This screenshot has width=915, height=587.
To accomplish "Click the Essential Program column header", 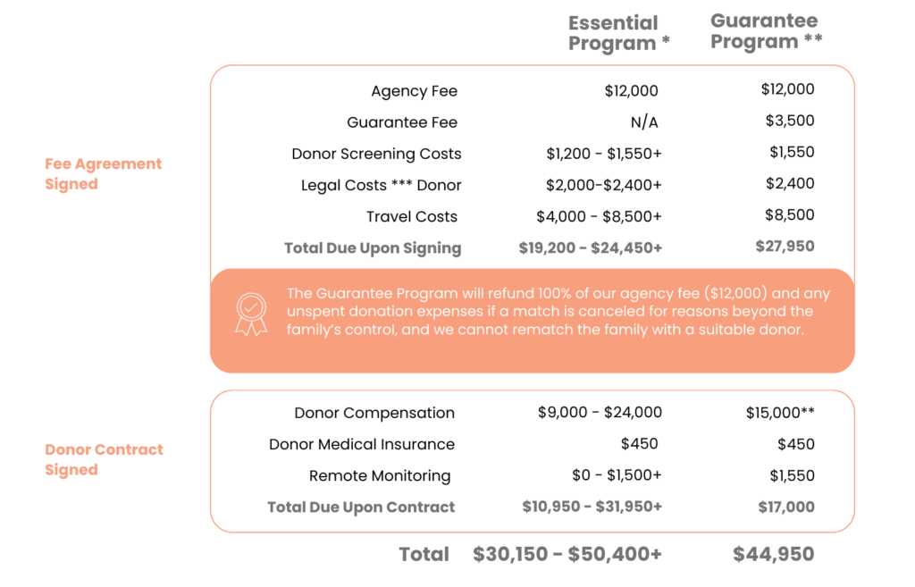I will pyautogui.click(x=618, y=33).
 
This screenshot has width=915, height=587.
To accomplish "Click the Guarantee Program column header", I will pyautogui.click(x=766, y=31).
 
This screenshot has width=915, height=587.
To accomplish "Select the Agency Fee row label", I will pyautogui.click(x=414, y=91).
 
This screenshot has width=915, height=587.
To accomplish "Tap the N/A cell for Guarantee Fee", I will pyautogui.click(x=643, y=122).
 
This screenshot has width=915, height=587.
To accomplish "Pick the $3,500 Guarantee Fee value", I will pyautogui.click(x=789, y=121).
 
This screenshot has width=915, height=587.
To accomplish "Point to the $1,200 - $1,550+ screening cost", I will pyautogui.click(x=604, y=154).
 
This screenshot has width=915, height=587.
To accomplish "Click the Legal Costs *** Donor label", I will pyautogui.click(x=381, y=185).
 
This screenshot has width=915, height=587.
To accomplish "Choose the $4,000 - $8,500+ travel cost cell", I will pyautogui.click(x=599, y=216).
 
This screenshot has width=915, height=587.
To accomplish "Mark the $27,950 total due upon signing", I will pyautogui.click(x=785, y=246).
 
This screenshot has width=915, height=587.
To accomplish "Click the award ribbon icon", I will pyautogui.click(x=251, y=314).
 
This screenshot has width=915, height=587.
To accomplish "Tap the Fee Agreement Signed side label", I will pyautogui.click(x=103, y=173).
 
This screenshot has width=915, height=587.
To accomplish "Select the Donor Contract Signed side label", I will pyautogui.click(x=104, y=459).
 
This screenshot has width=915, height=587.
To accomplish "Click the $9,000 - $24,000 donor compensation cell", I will pyautogui.click(x=600, y=413).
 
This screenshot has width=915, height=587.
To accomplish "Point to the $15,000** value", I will pyautogui.click(x=780, y=413).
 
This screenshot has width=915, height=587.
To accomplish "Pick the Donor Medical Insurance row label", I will pyautogui.click(x=361, y=444).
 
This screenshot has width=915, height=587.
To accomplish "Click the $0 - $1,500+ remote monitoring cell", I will pyautogui.click(x=617, y=475).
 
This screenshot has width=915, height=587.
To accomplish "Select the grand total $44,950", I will pyautogui.click(x=773, y=554).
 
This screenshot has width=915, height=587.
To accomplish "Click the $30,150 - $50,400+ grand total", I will pyautogui.click(x=567, y=554).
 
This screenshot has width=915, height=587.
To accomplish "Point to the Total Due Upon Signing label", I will pyautogui.click(x=372, y=247).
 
